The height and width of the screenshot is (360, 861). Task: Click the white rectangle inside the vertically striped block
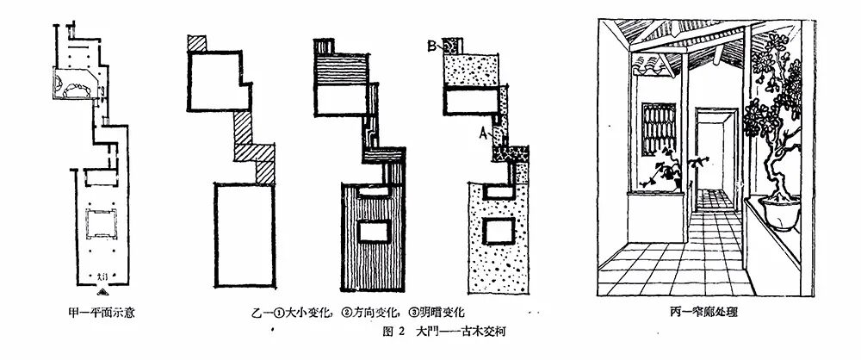click(x=375, y=232)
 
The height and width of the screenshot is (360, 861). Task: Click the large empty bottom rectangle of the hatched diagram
click(x=245, y=233)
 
